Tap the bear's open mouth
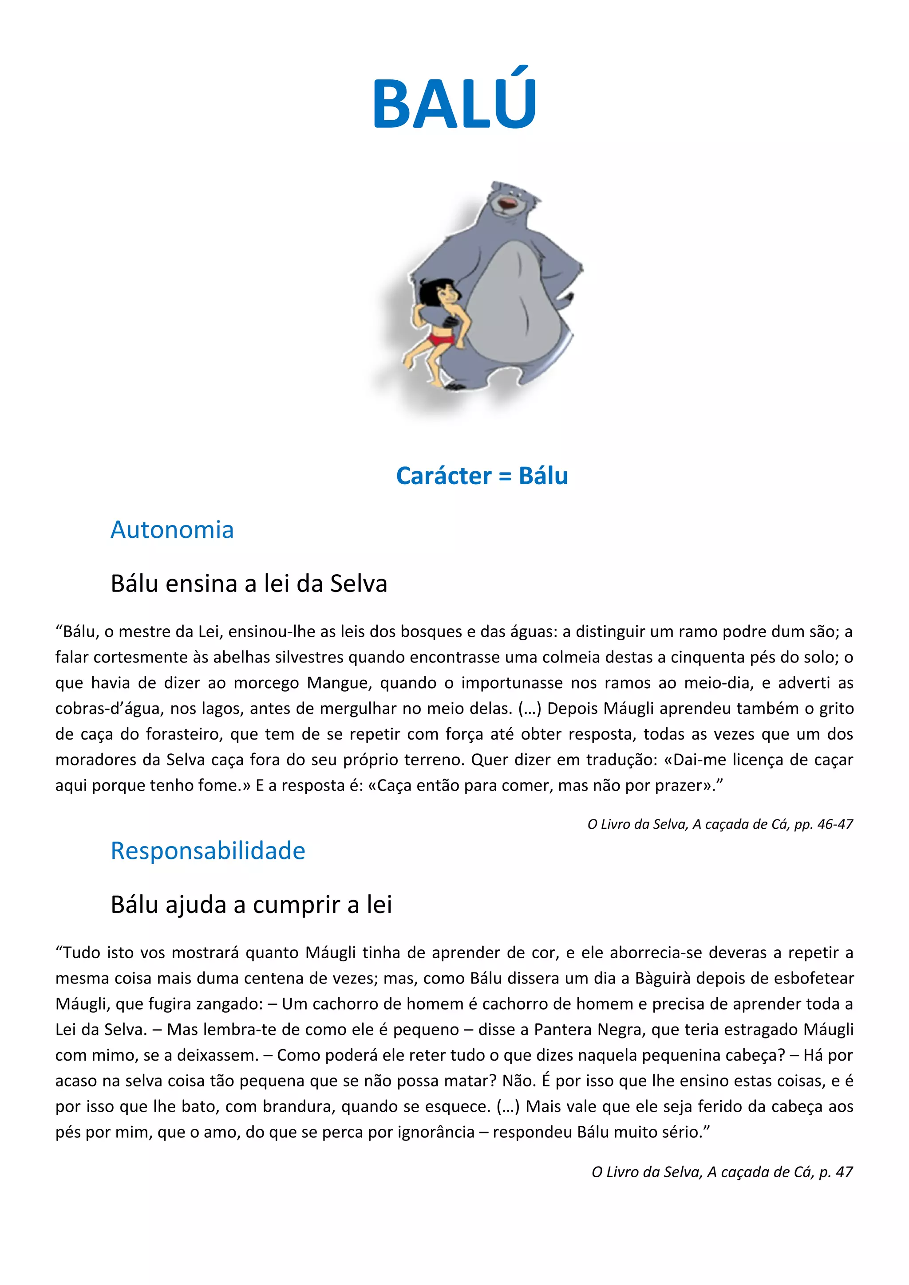pos(508,205)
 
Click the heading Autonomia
pos(172,529)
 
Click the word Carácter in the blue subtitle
pos(443,476)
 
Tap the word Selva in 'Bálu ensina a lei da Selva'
pos(359,584)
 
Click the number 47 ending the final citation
pos(844,1172)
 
